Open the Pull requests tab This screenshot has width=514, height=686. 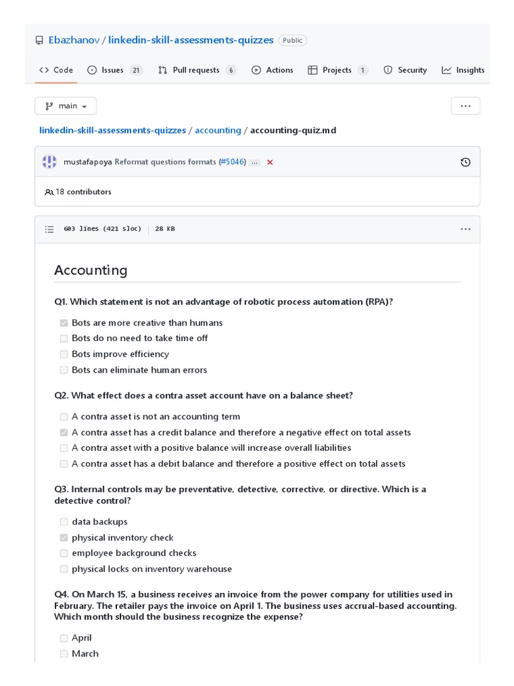pyautogui.click(x=196, y=70)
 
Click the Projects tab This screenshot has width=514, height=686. pyautogui.click(x=337, y=70)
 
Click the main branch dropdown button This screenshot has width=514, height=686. pyautogui.click(x=66, y=106)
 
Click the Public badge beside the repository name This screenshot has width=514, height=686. pyautogui.click(x=292, y=40)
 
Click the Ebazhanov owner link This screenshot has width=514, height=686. pyautogui.click(x=74, y=40)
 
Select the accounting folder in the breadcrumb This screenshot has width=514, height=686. pyautogui.click(x=218, y=130)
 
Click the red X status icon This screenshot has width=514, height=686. pyautogui.click(x=270, y=162)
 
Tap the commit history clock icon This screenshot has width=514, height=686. pyautogui.click(x=466, y=162)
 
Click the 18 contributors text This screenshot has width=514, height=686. pyautogui.click(x=83, y=192)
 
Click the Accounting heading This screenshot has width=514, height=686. pyautogui.click(x=90, y=270)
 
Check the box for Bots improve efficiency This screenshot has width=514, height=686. pyautogui.click(x=64, y=354)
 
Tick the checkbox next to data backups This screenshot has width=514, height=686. pyautogui.click(x=64, y=522)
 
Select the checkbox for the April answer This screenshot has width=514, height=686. pyautogui.click(x=64, y=638)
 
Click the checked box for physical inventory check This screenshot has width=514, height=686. pyautogui.click(x=64, y=538)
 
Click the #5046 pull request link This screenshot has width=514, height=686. pyautogui.click(x=234, y=162)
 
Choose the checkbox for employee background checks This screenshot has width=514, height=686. pyautogui.click(x=64, y=553)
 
